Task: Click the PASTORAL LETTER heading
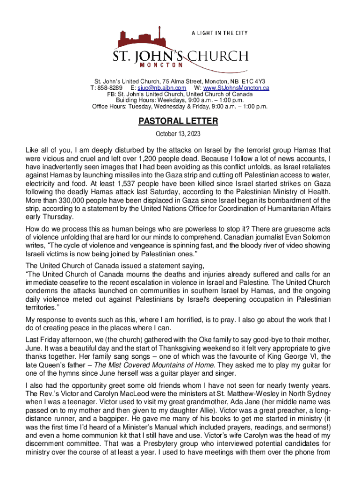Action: pos(178,122)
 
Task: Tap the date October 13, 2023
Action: pos(178,134)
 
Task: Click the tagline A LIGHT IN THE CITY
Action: pos(219,33)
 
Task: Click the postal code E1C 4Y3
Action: pos(254,81)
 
